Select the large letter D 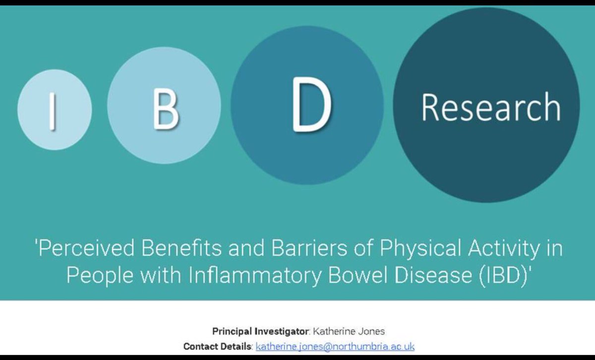pos(310,106)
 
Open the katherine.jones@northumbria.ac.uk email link pos(335,346)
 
